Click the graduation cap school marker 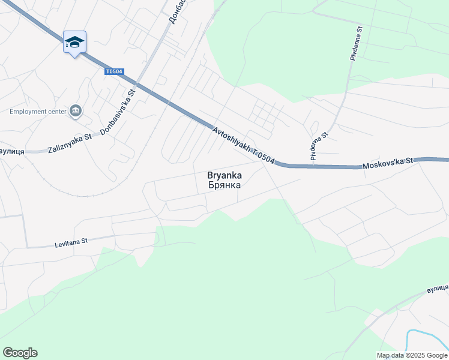click(74, 42)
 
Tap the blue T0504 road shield click(113, 72)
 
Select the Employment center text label click(37, 111)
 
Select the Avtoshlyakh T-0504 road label click(243, 145)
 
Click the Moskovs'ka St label click(389, 163)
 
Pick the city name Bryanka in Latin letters click(224, 175)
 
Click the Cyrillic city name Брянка click(224, 185)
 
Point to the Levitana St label click(71, 242)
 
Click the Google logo click(20, 353)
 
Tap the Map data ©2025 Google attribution click(412, 355)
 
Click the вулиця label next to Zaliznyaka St click(11, 152)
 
